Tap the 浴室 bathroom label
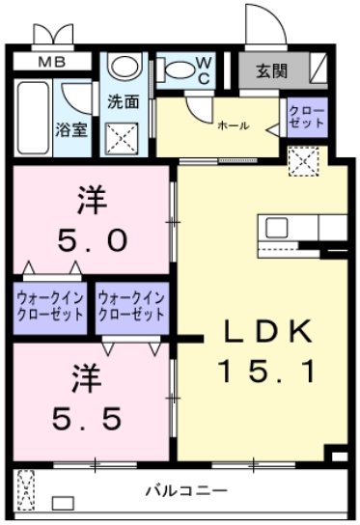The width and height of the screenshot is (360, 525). click(x=69, y=127)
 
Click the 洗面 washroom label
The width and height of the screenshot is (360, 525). click(x=123, y=101)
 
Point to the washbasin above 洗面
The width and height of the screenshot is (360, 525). click(x=123, y=68)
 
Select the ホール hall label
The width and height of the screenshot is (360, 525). click(x=233, y=125)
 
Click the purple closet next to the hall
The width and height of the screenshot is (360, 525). click(x=308, y=118)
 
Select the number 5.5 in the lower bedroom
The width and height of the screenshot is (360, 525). click(x=87, y=417)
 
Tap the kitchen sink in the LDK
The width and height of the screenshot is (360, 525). click(x=278, y=229)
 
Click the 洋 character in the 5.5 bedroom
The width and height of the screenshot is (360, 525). click(x=86, y=377)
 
